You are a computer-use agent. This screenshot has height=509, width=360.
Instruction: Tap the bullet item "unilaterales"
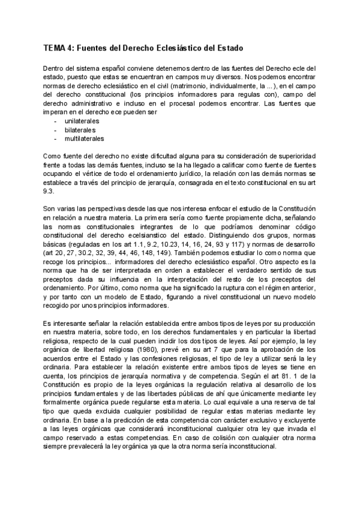pyautogui.click(x=82, y=121)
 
